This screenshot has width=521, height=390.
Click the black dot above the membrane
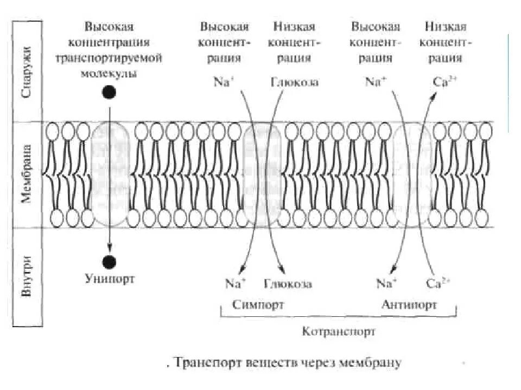[x=109, y=93]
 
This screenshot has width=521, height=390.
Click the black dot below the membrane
[x=109, y=262]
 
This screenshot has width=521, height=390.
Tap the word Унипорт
[x=109, y=279]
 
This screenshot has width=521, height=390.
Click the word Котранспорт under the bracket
[x=339, y=331]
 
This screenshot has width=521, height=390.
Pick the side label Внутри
[x=26, y=276]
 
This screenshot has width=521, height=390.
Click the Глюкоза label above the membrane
[x=294, y=82]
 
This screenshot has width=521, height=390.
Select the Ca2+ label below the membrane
[x=439, y=283]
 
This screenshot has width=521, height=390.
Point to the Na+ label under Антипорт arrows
[x=387, y=283]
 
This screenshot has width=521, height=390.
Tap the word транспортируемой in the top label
[x=117, y=59]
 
